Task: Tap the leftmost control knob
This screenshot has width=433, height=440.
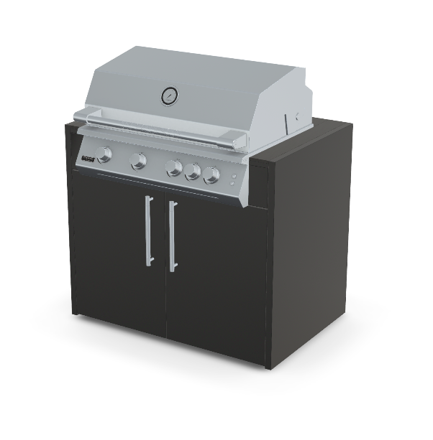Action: (x=105, y=154)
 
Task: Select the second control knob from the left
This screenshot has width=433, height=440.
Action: (x=139, y=162)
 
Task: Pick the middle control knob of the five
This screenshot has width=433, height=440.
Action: (x=174, y=168)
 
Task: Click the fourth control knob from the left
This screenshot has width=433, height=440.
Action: (x=192, y=172)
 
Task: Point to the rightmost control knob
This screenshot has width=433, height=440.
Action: (x=211, y=175)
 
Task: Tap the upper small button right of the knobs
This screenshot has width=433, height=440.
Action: (x=234, y=177)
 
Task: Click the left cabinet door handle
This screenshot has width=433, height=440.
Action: (x=148, y=232)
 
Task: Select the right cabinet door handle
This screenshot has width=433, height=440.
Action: (x=173, y=236)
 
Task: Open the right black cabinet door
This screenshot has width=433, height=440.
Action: (x=216, y=280)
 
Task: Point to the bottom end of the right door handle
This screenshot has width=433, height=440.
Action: (x=172, y=269)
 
